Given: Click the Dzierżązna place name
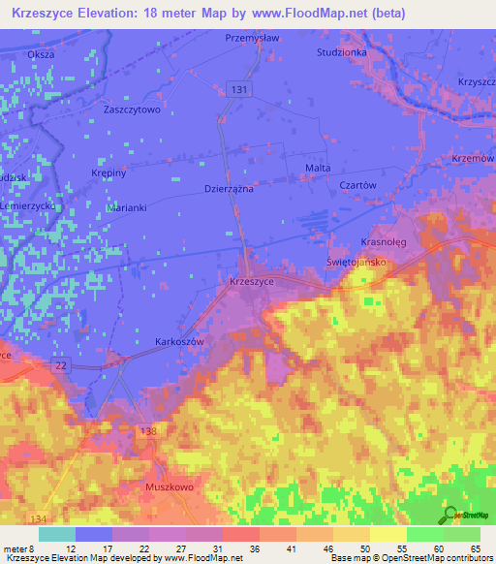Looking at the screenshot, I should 229,189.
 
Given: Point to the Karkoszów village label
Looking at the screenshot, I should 179,342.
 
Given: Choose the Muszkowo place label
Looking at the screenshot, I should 170,488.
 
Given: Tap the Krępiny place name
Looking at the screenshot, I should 108,172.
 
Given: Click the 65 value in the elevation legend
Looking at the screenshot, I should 474,548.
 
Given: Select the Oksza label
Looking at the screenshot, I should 41,54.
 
